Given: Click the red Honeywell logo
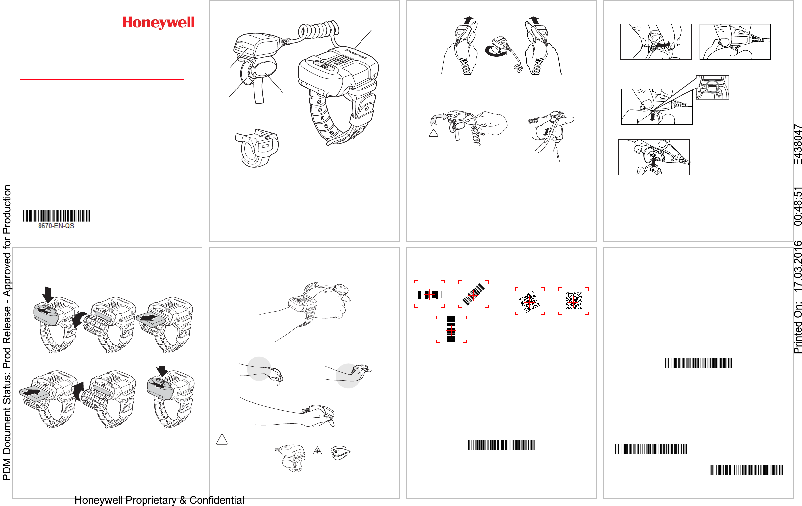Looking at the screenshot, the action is point(158,23).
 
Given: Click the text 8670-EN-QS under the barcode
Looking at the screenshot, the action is point(56,226).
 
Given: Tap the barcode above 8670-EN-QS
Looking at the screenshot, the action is point(56,216).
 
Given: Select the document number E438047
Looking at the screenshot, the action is point(797,144).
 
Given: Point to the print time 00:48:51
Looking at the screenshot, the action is point(797,206).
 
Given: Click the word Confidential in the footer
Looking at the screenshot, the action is point(217,500).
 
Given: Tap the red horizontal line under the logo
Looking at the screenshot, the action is point(102,79).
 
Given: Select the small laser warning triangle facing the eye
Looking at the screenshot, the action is point(317,451).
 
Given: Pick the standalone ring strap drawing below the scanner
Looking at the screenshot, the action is point(256,148).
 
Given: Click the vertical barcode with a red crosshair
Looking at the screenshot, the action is point(451,329).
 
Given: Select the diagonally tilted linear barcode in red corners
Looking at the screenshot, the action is point(473,294).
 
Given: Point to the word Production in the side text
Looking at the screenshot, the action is point(7,209).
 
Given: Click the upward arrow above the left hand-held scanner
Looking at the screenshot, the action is point(468,20).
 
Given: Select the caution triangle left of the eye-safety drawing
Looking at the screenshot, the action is point(222,440).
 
